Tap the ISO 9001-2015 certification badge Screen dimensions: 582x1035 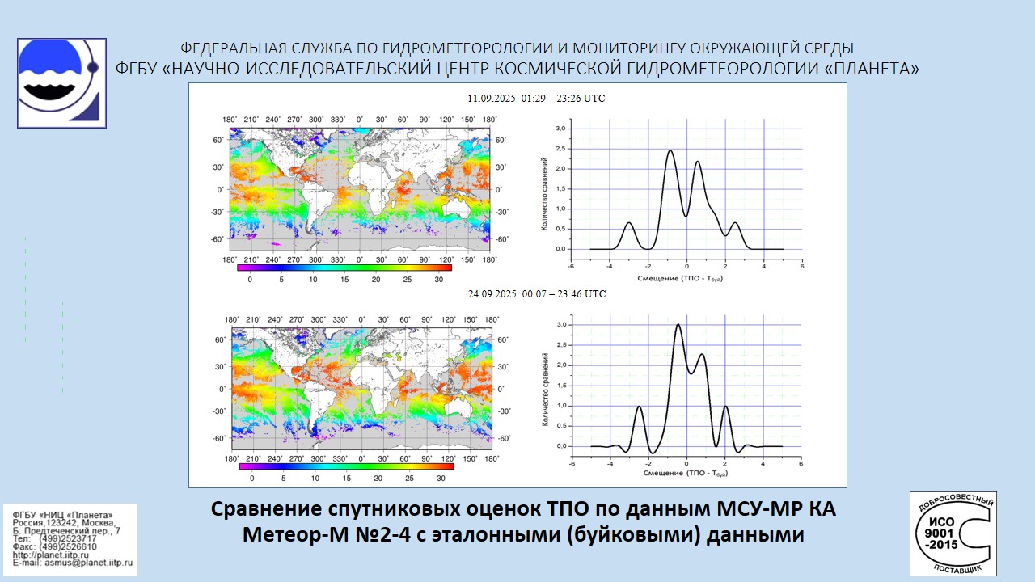coord(953,533)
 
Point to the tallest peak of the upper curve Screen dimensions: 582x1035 coord(670,151)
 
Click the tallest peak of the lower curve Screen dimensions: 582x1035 coord(678,325)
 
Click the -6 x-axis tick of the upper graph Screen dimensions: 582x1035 coord(571,266)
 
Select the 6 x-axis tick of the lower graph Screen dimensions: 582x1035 coord(801,463)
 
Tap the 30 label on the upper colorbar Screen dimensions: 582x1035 coord(438,280)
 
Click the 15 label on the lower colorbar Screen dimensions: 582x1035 coord(347,478)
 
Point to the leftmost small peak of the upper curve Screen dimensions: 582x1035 coord(629,223)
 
